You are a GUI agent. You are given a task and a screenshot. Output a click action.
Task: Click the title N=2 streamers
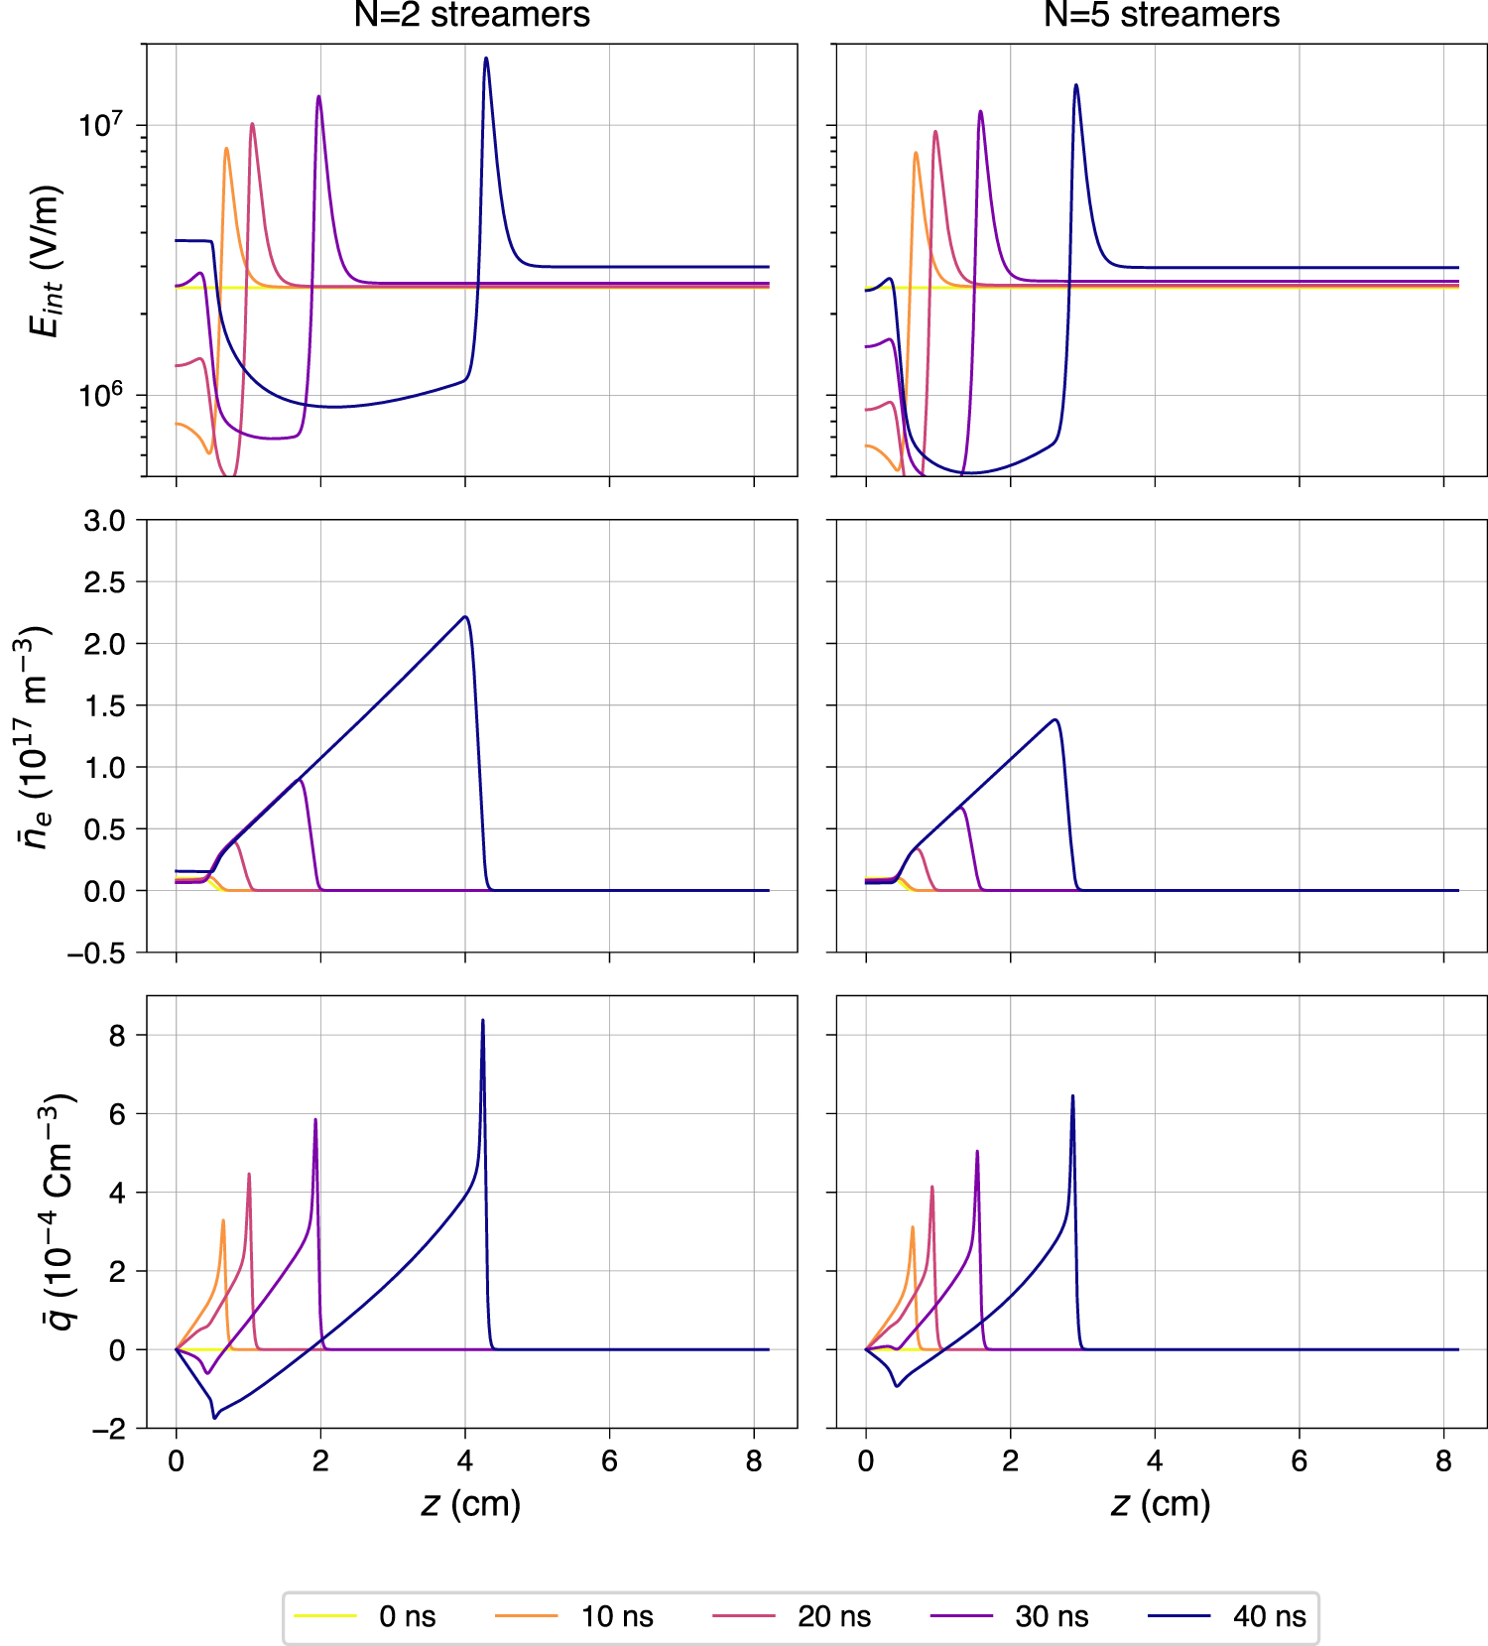[x=471, y=15]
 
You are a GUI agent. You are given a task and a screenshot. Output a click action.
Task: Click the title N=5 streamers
[x=1161, y=15]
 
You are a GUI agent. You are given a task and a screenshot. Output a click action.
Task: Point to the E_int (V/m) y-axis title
[x=46, y=260]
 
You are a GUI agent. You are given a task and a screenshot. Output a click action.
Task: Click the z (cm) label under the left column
[x=471, y=1503]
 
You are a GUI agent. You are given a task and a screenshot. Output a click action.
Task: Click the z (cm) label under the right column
[x=1161, y=1503]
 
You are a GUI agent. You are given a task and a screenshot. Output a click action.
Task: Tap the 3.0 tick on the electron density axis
[x=105, y=521]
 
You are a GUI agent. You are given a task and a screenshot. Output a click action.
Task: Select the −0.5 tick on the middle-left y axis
[x=97, y=953]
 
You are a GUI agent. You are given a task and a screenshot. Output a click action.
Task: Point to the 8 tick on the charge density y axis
[x=118, y=1036]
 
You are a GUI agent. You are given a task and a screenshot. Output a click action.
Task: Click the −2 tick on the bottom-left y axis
[x=108, y=1430]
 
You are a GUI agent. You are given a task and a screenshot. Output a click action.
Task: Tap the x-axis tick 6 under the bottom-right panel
[x=1299, y=1461]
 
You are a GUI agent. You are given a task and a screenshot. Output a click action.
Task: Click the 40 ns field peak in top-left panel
[x=485, y=59]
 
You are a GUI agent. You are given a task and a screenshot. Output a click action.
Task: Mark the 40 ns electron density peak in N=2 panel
[x=465, y=617]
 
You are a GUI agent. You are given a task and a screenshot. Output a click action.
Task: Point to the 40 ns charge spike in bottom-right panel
[x=1072, y=1097]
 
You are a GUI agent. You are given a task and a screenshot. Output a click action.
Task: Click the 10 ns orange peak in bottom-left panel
[x=223, y=1221]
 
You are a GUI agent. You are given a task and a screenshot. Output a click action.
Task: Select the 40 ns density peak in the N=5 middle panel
[x=1054, y=720]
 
